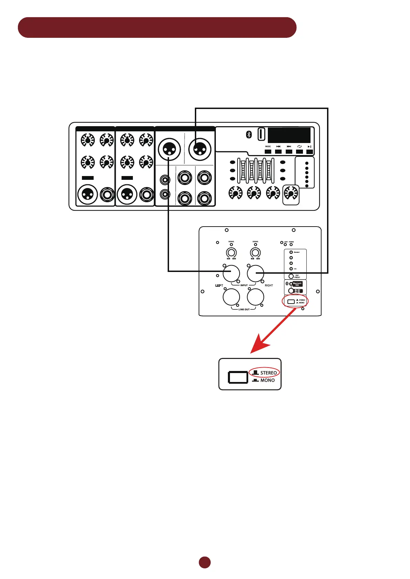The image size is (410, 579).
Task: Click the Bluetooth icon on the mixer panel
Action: click(249, 134)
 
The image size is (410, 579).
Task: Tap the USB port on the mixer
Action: click(261, 134)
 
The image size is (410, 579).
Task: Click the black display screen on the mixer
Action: click(289, 135)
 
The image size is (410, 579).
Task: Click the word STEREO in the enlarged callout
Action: click(268, 373)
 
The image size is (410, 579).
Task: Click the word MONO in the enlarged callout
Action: click(267, 380)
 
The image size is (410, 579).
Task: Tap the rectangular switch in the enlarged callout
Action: click(238, 377)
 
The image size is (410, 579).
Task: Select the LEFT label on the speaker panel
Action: click(219, 285)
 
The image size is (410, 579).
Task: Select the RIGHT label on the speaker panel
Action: click(269, 285)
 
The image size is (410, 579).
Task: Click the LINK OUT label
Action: click(244, 309)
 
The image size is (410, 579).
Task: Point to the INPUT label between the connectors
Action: click(244, 285)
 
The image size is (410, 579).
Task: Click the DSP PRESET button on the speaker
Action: click(291, 276)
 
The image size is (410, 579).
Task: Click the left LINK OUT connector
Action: click(231, 297)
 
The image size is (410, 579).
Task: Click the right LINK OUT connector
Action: click(255, 297)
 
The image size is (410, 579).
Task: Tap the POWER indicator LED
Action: click(291, 244)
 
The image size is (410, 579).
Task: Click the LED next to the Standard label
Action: click(291, 252)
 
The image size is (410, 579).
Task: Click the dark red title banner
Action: click(157, 28)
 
